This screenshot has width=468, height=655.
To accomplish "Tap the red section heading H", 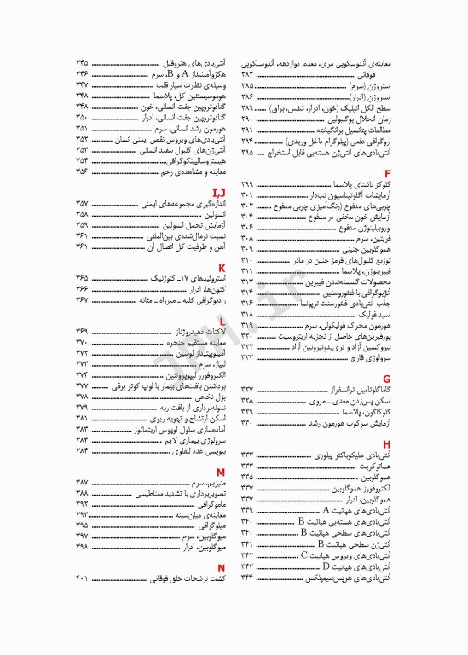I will click(x=387, y=444).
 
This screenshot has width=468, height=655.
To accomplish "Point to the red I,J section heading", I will click(x=219, y=193).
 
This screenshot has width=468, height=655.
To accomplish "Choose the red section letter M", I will click(x=221, y=471).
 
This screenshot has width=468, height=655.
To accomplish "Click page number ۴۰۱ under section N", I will click(x=83, y=578).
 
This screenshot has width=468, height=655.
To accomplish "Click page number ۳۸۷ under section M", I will click(x=83, y=483).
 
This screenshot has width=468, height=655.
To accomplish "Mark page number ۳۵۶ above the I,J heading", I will click(x=83, y=171).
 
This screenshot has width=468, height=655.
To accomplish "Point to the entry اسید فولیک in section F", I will click(x=376, y=291).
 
